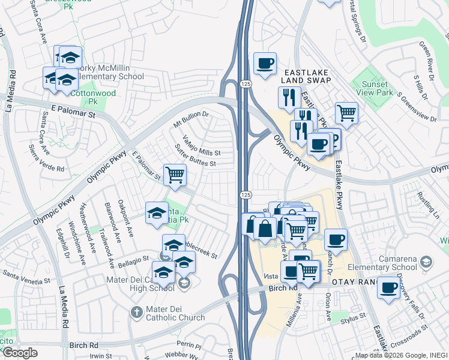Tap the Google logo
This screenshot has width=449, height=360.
[20, 353]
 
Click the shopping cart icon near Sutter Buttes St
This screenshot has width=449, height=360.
[175, 175]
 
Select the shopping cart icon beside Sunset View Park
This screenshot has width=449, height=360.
[346, 112]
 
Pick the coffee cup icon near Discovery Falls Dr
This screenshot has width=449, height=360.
[388, 287]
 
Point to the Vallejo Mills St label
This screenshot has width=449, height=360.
[202, 145]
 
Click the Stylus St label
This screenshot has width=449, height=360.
[354, 316]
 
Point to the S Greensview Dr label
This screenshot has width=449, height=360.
[412, 101]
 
